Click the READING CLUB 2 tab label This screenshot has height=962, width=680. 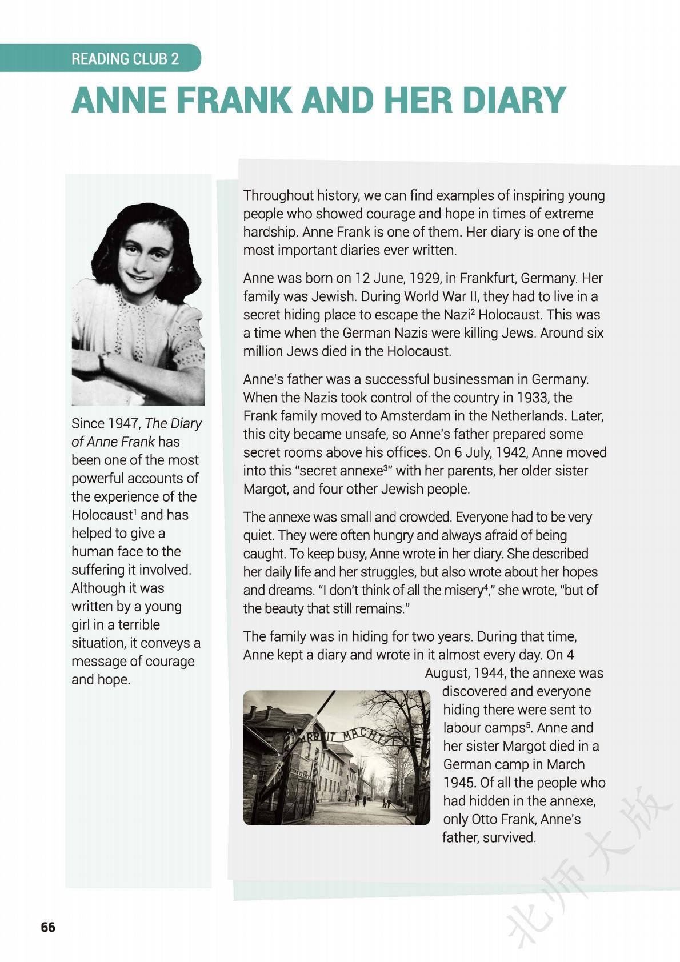coord(125,58)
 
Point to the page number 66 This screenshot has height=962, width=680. coord(48,927)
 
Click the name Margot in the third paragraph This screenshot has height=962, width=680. coord(262,488)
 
